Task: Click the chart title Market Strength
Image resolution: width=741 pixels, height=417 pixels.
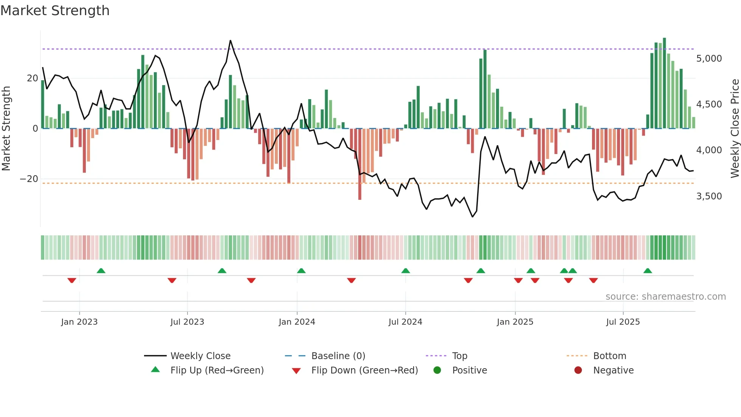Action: coord(55,11)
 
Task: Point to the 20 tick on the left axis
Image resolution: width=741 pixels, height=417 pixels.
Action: coord(33,78)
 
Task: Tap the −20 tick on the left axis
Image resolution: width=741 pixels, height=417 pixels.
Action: coord(29,179)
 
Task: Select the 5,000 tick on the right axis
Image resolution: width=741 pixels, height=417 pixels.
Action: coord(709,59)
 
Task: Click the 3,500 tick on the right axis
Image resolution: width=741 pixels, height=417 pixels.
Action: coord(709,196)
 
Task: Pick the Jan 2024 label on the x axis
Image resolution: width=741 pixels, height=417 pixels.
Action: coord(297,322)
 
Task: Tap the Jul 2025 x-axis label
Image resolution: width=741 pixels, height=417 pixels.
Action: coord(623,322)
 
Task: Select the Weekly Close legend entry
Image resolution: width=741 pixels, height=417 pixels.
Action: coord(200,356)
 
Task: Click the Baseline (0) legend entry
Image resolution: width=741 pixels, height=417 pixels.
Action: coord(338,356)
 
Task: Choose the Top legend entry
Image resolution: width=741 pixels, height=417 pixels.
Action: coord(459,356)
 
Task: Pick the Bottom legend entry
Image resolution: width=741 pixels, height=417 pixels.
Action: coord(609,356)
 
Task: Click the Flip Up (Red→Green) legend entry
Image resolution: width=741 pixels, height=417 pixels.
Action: coord(217,370)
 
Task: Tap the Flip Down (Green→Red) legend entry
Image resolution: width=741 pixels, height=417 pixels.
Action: coord(364,370)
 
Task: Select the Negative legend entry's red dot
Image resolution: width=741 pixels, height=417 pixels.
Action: coord(578,370)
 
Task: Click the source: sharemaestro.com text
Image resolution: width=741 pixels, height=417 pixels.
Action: coord(665,297)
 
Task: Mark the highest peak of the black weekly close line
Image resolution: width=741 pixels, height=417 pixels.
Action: coord(230,41)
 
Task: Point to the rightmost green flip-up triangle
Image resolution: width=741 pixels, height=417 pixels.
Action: coord(648,271)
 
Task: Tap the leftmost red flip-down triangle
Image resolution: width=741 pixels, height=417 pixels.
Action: coord(72,280)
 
